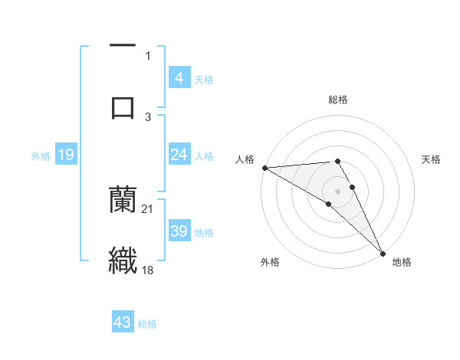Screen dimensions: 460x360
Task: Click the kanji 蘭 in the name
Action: (x=123, y=198)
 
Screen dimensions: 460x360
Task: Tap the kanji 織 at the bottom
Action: (x=123, y=259)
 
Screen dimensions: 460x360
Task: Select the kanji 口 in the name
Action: (x=123, y=106)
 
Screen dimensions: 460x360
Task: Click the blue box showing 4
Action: (x=179, y=78)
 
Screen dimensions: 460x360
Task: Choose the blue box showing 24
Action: (x=179, y=155)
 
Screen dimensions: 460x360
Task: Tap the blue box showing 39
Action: (x=179, y=231)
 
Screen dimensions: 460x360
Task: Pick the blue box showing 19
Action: (x=65, y=155)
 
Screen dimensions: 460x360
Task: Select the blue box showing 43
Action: (x=123, y=322)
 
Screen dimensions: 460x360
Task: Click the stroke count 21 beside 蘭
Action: (x=148, y=208)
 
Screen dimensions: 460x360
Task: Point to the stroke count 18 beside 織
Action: (x=148, y=270)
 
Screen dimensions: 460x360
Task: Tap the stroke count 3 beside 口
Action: (x=148, y=116)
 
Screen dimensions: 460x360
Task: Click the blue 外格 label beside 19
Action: (x=40, y=156)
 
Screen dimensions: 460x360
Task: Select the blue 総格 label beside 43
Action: (x=147, y=324)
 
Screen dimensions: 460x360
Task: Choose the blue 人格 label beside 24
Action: (x=204, y=156)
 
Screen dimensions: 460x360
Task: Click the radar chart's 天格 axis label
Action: (x=431, y=159)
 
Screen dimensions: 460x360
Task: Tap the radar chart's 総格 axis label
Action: (x=338, y=100)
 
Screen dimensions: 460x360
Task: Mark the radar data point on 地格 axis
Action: (x=383, y=253)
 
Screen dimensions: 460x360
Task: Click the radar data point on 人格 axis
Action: (x=264, y=167)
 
